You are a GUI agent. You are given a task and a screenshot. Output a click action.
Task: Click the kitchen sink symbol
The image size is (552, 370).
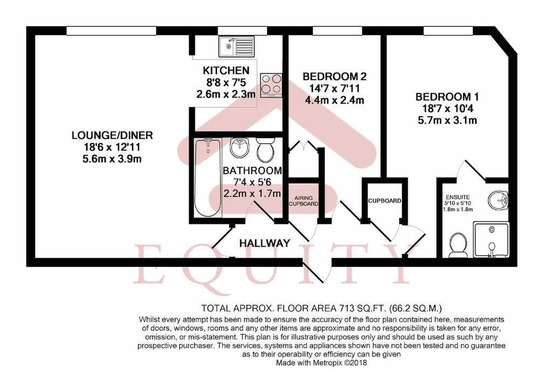click(236, 46)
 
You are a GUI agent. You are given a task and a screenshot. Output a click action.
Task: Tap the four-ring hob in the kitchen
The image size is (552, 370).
click(271, 85)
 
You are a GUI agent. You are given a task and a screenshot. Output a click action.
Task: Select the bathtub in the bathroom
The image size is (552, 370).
click(208, 178)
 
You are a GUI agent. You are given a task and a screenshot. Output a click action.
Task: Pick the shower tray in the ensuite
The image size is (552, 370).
click(491, 239)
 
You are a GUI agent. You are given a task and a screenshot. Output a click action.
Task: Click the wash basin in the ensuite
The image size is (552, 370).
click(498, 200)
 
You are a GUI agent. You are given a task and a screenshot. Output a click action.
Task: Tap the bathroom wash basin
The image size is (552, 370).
click(240, 147)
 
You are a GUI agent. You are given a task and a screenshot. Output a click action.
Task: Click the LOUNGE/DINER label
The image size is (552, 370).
click(112, 135)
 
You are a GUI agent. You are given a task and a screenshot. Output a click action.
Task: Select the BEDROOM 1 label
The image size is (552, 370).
click(447, 97)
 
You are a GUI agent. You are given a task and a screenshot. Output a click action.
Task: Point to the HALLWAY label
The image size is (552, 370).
click(265, 243)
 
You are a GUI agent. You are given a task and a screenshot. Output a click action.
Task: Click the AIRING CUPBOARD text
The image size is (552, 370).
click(303, 201)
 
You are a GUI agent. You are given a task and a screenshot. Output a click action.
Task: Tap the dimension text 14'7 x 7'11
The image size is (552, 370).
click(334, 88)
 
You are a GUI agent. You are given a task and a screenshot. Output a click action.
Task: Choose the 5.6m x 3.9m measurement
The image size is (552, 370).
click(112, 159)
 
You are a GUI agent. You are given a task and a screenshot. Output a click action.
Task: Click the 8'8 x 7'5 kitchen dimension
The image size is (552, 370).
click(226, 83)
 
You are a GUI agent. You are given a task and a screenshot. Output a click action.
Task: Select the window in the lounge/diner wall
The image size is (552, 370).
click(111, 31)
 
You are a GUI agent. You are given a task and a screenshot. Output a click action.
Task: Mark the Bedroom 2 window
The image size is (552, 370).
click(337, 31)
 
